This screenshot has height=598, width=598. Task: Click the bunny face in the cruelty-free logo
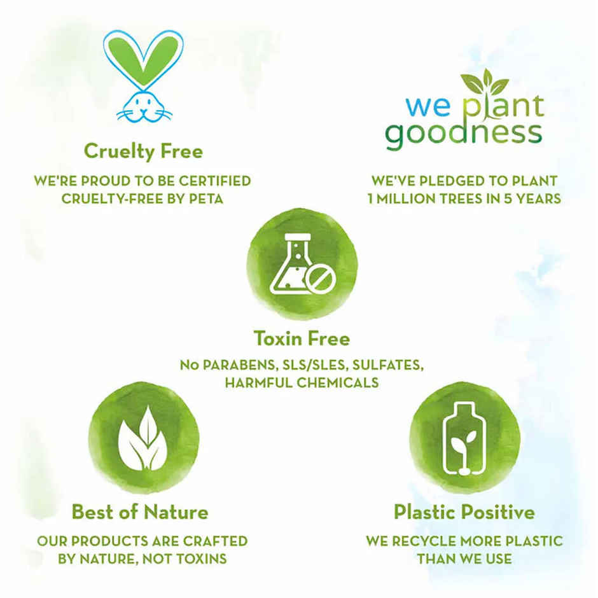143,106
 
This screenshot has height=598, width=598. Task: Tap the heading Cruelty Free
143,151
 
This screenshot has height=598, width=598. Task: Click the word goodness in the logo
464,134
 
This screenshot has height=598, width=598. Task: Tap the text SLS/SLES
306,366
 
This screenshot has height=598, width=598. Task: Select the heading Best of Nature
140,511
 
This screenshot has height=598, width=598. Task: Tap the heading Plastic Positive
464,511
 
